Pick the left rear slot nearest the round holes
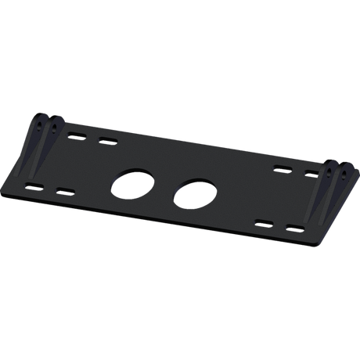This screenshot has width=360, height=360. [104, 142]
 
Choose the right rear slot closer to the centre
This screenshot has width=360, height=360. [279, 167]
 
